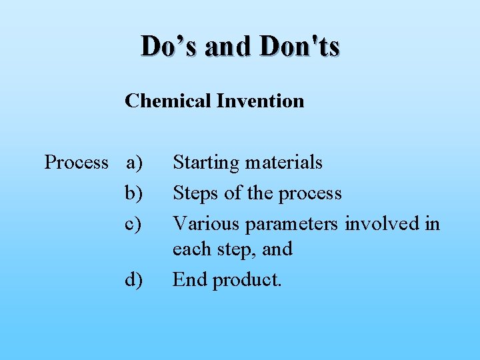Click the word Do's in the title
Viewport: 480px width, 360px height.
pos(170,46)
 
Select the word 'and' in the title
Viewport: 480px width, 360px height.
pos(230,46)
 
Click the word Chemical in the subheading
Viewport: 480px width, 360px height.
pos(168,101)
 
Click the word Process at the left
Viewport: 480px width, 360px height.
pos(76,162)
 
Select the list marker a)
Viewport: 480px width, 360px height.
pos(134,163)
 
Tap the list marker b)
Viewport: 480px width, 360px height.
pos(134,193)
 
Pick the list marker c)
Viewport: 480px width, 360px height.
pos(134,223)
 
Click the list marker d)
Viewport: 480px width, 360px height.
pos(134,280)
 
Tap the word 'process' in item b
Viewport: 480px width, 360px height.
pos(310,194)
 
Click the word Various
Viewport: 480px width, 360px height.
pos(206,223)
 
